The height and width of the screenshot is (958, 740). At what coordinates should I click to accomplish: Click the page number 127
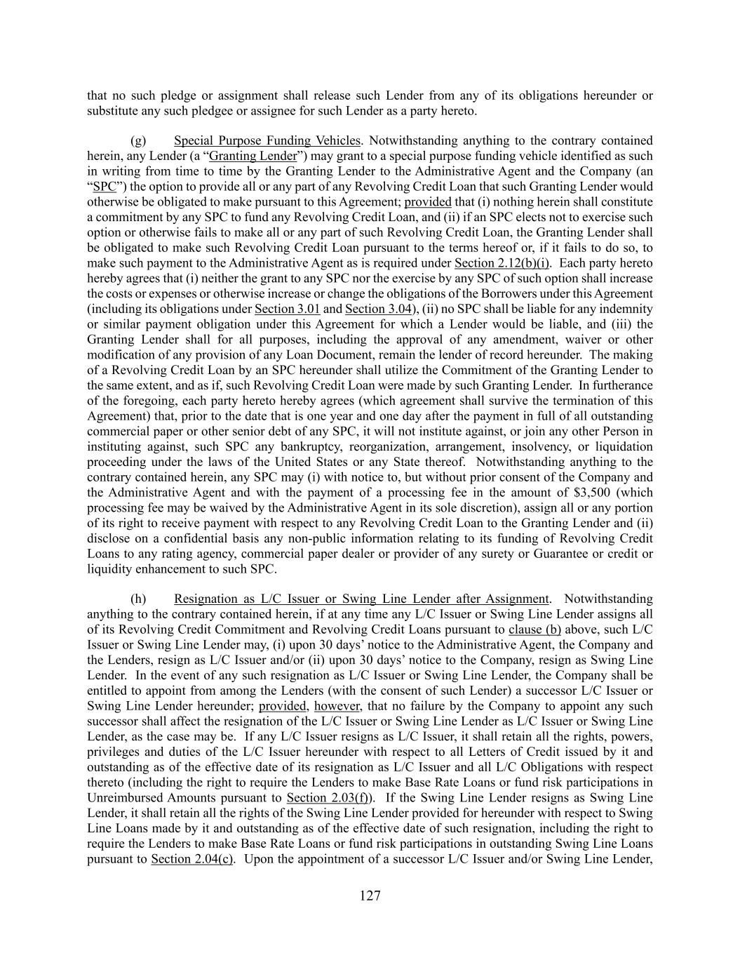click(370, 896)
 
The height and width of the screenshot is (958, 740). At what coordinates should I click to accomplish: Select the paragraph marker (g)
click(138, 140)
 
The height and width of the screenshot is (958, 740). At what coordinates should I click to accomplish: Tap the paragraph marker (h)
click(138, 599)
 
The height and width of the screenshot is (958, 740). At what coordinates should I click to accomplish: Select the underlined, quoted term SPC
click(104, 187)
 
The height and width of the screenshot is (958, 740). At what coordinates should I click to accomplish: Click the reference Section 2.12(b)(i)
click(502, 263)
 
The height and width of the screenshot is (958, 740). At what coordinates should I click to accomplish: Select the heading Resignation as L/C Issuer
click(361, 599)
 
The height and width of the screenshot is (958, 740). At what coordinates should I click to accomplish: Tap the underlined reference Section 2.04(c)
click(192, 859)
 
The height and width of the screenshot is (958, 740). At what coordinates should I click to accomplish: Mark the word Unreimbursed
click(125, 798)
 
